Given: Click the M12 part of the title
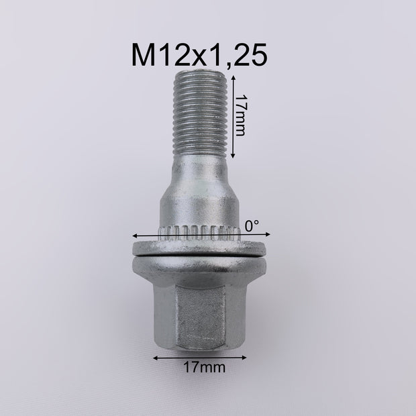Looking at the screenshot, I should pyautogui.click(x=160, y=56).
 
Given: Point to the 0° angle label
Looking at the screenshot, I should pyautogui.click(x=252, y=227).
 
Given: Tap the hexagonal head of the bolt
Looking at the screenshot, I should pyautogui.click(x=201, y=312).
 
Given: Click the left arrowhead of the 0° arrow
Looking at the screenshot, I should pyautogui.click(x=136, y=236).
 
